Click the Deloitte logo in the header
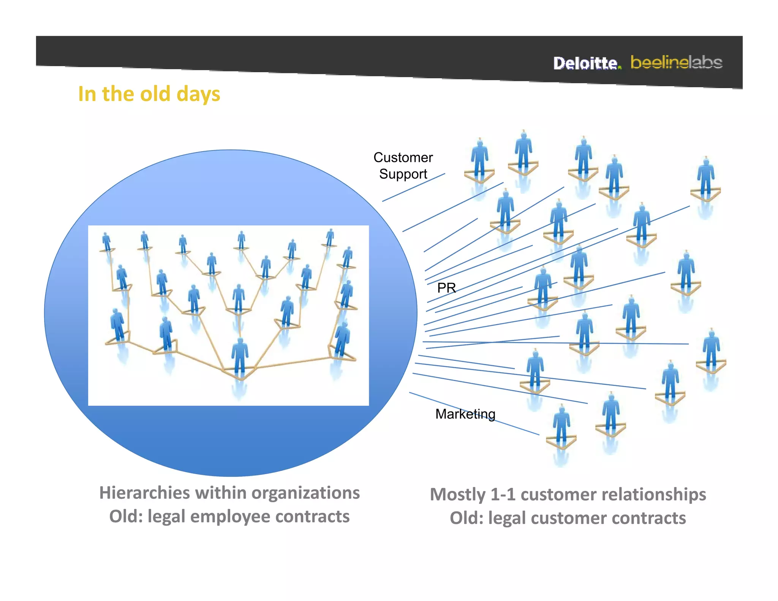coord(587,63)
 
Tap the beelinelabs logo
coord(676,62)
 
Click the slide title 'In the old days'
coord(149,94)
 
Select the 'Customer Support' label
coord(403,166)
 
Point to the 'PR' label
coord(446,288)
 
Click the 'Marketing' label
coord(465,414)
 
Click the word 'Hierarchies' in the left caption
coord(144,493)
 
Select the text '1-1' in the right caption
coord(503,495)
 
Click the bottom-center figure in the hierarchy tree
coord(240,357)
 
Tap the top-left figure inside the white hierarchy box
coord(106,242)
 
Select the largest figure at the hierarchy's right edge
coord(342,340)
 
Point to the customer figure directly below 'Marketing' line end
coord(561,425)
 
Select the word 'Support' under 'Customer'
coord(403,174)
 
